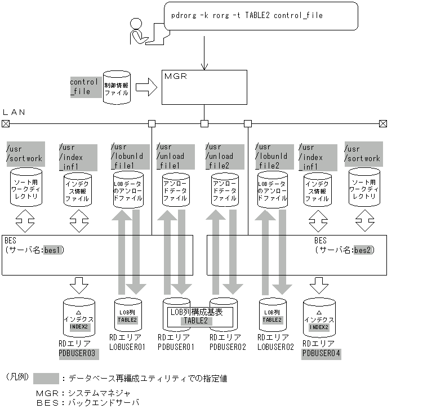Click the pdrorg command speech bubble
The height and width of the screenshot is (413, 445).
point(261,16)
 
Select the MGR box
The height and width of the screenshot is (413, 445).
point(204,87)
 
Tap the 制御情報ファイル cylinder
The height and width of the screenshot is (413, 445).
point(117,87)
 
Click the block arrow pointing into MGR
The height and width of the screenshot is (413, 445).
point(146,87)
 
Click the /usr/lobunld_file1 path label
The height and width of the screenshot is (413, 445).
point(130,156)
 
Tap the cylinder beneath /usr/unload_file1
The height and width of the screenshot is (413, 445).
point(175,190)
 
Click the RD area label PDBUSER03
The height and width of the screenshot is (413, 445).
point(78,354)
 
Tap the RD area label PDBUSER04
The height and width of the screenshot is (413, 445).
point(322,354)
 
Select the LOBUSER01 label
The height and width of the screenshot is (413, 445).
point(127,347)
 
